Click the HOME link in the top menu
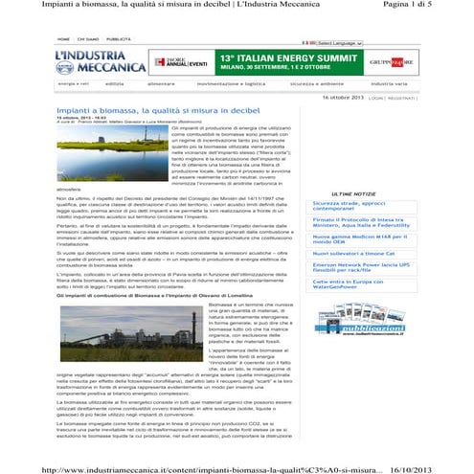62,41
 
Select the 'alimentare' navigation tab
160,84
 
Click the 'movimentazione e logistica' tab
231,84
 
